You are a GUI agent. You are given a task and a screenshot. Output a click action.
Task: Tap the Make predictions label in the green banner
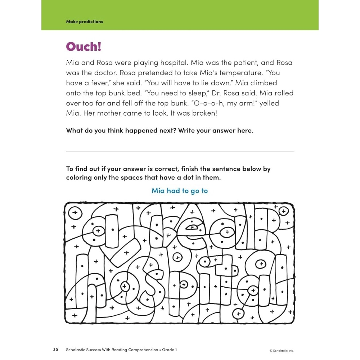85,22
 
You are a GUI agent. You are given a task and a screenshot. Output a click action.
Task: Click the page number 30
56,350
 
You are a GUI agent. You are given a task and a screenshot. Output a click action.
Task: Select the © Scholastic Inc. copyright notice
282,350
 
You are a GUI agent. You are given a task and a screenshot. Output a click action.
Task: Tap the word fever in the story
101,83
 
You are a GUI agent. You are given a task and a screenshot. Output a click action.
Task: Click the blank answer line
180,150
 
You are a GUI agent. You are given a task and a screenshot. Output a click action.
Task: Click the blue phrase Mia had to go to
180,191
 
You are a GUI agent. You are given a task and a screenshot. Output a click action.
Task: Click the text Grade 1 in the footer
169,350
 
